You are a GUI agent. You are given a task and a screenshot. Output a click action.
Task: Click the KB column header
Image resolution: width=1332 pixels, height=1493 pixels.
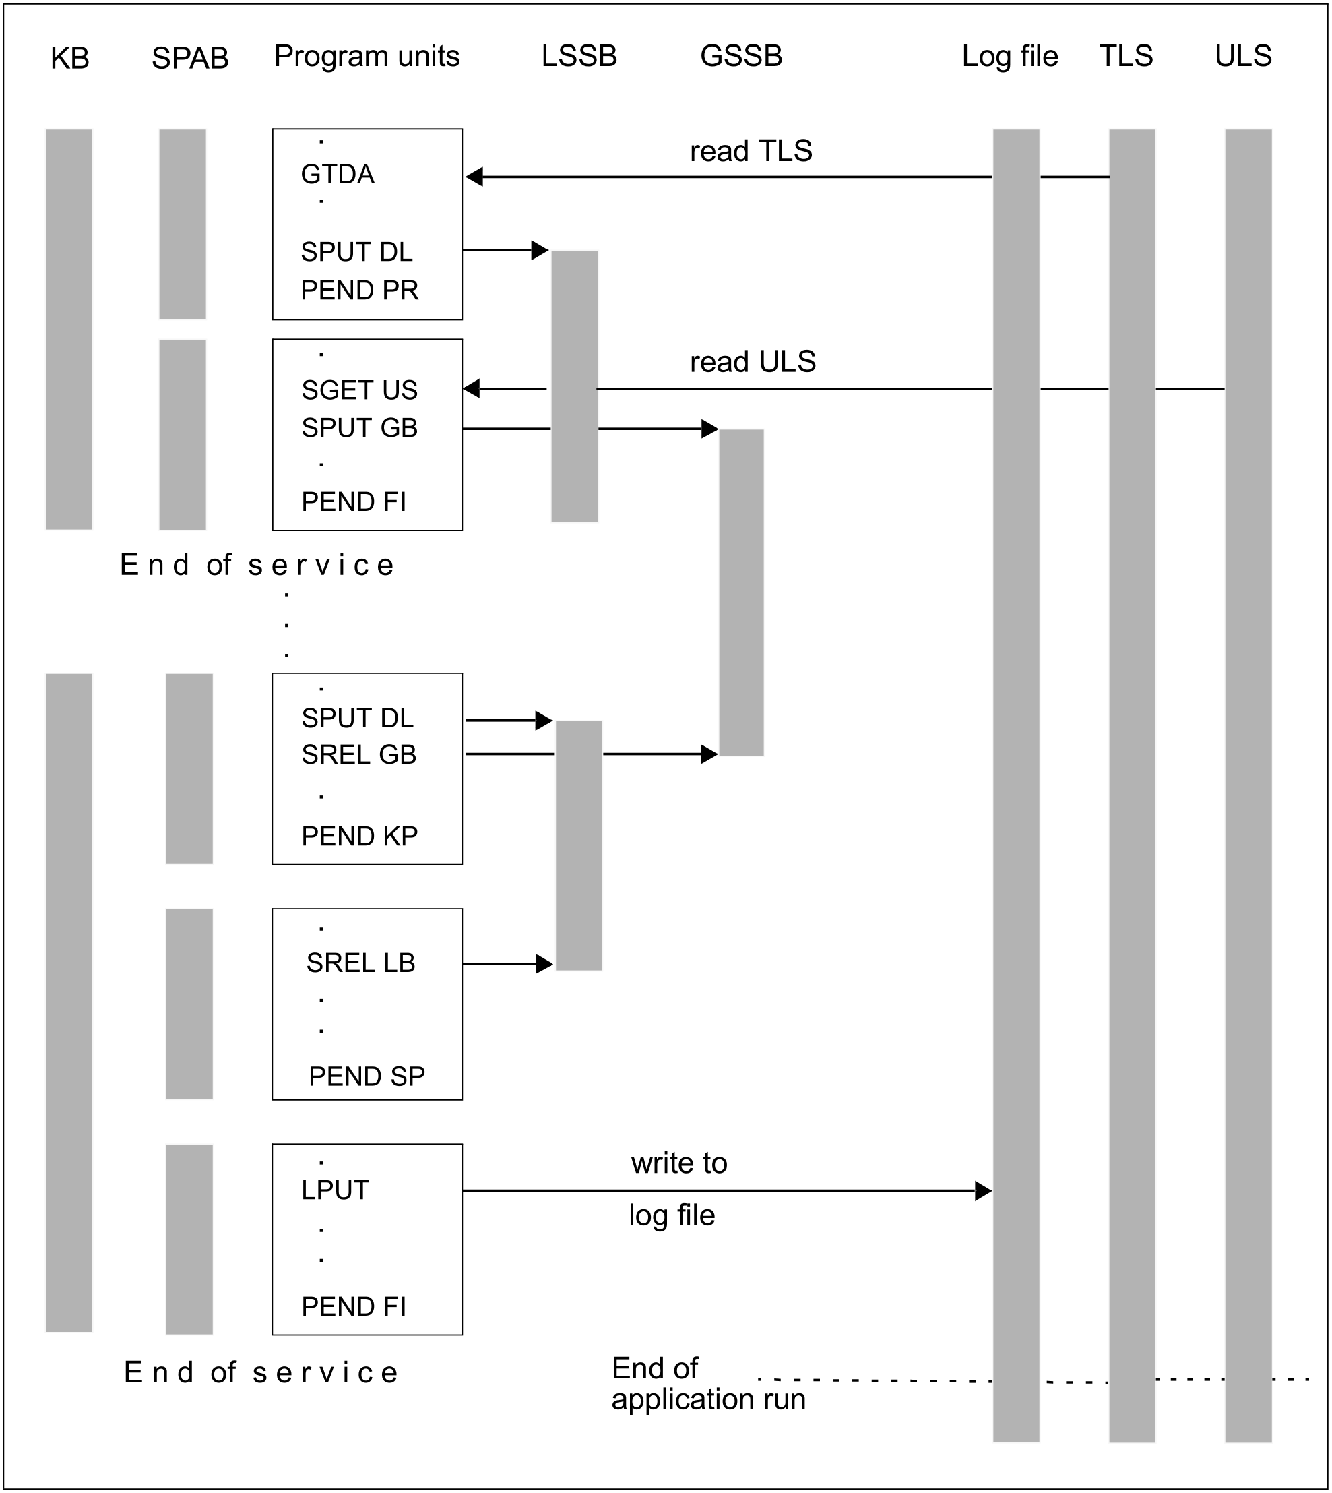[69, 58]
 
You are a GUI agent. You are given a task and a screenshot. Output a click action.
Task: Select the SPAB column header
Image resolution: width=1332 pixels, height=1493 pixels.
[189, 58]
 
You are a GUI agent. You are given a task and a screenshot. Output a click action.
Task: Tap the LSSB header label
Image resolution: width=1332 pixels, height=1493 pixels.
[579, 56]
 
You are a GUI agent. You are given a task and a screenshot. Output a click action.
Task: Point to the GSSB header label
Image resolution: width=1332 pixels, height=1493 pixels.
[740, 56]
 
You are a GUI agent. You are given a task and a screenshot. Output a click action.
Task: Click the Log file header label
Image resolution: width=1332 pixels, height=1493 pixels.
[1009, 57]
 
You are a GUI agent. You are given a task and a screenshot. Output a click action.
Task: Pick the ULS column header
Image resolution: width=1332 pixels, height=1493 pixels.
[1242, 56]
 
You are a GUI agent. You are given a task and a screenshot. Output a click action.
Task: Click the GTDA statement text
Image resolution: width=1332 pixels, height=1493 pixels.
[338, 175]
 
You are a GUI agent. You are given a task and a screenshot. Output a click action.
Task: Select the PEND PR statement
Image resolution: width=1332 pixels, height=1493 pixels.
[359, 290]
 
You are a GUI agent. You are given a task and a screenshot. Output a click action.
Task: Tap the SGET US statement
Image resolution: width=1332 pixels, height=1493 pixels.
[359, 390]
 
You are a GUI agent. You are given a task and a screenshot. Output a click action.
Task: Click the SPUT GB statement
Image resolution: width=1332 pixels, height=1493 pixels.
[359, 427]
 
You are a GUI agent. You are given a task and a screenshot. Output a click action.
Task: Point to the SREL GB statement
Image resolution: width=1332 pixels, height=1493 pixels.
[358, 754]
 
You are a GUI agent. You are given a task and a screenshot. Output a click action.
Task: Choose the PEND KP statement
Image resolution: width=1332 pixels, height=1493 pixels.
[359, 835]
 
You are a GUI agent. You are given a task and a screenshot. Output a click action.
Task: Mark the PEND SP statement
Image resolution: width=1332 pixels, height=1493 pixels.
[367, 1076]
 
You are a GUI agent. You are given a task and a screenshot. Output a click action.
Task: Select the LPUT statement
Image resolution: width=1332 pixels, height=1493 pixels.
[336, 1190]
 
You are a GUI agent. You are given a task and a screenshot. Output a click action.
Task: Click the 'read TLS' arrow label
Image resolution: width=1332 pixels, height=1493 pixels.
[751, 151]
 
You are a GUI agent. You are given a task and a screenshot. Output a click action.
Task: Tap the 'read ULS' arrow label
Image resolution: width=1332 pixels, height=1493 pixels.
[753, 362]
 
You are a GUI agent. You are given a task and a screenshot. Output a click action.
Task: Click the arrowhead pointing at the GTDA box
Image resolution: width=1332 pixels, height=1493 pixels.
[474, 177]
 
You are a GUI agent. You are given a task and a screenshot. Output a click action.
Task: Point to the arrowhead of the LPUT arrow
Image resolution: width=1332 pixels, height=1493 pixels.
[984, 1191]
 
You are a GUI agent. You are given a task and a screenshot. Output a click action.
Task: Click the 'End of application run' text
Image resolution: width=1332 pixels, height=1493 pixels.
[707, 1383]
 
